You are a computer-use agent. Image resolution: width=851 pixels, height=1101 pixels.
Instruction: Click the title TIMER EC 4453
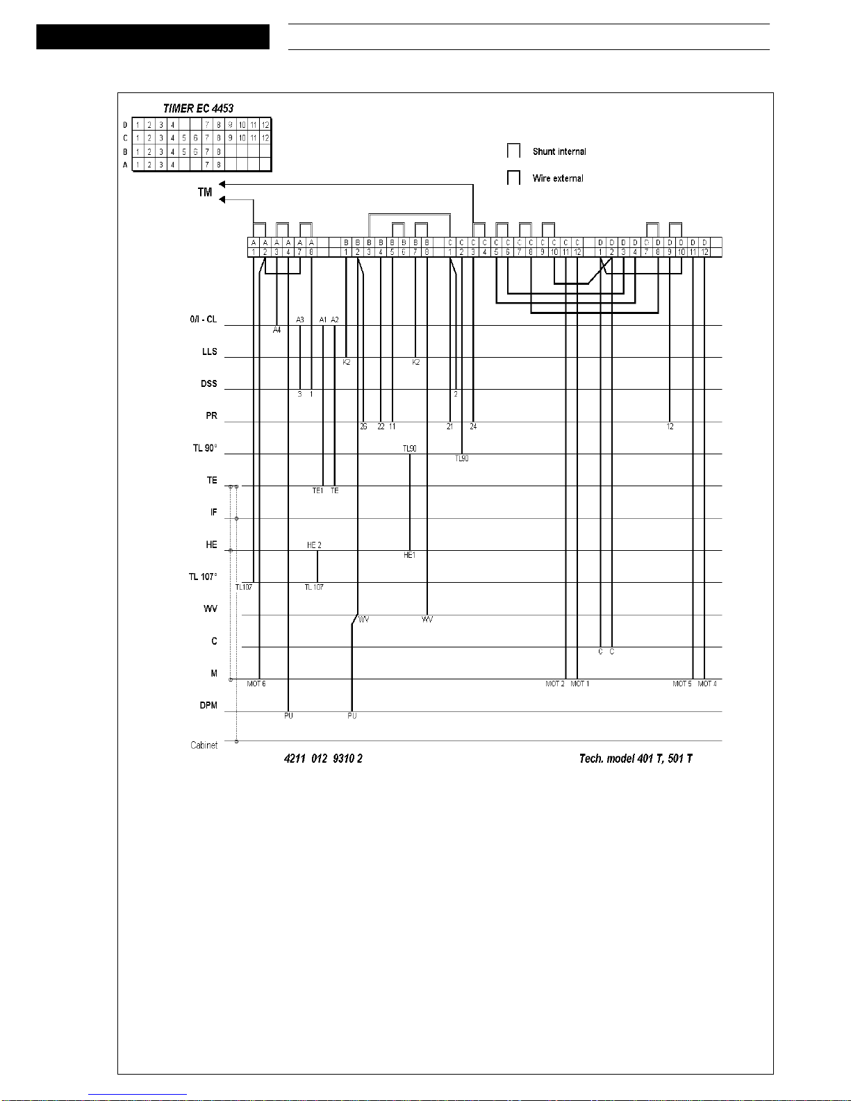point(198,108)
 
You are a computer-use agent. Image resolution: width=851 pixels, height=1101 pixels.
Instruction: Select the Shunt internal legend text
point(559,151)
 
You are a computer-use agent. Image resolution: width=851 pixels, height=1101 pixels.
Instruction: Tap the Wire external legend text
point(558,179)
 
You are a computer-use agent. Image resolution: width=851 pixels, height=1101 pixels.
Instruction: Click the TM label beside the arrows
point(204,192)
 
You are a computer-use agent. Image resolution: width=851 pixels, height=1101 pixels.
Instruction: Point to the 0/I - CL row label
point(203,320)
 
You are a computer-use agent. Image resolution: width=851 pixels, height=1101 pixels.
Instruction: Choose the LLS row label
point(210,351)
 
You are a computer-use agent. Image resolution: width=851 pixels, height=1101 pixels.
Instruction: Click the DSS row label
point(208,383)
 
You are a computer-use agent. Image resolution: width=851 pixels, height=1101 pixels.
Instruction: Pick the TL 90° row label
point(205,448)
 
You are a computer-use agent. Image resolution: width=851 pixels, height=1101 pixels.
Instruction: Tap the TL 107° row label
point(203,577)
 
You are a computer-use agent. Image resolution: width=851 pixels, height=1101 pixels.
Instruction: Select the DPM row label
point(208,705)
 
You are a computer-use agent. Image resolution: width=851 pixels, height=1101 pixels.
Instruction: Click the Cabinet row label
point(204,745)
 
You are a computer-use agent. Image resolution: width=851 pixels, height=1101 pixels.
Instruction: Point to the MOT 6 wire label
point(256,684)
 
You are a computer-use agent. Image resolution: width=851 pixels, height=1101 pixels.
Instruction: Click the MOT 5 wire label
point(681,684)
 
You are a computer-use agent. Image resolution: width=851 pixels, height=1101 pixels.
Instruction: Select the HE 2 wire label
point(314,545)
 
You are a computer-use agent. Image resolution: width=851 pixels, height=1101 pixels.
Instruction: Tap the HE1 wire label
point(410,555)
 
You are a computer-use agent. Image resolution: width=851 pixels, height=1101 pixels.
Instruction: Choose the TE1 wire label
point(317,491)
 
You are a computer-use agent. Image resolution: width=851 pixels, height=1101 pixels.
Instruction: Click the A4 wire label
point(276,330)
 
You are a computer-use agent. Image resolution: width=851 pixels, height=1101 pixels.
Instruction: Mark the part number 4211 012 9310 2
point(323,759)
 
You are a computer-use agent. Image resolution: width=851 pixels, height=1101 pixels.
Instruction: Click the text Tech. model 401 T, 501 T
point(636,759)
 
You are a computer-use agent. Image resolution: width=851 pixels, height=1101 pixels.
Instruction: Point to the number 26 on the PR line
point(363,427)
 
